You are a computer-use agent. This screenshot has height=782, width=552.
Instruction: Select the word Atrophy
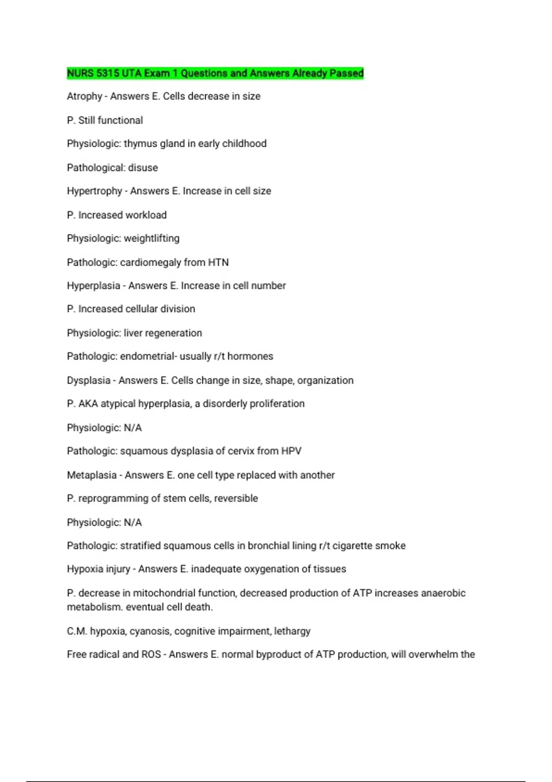click(x=84, y=97)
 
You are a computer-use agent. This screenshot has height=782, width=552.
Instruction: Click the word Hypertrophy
click(x=94, y=191)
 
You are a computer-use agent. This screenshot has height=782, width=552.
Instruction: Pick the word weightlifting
click(x=151, y=239)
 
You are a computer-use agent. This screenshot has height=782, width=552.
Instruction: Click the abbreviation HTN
click(x=218, y=263)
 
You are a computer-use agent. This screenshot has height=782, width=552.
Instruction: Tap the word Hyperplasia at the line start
click(x=93, y=286)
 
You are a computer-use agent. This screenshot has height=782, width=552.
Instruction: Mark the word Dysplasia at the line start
click(x=88, y=381)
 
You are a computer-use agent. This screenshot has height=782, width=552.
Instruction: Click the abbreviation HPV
click(x=291, y=451)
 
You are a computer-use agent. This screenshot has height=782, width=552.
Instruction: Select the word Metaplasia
click(x=92, y=475)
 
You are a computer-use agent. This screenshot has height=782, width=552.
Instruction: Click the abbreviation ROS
click(x=151, y=655)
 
